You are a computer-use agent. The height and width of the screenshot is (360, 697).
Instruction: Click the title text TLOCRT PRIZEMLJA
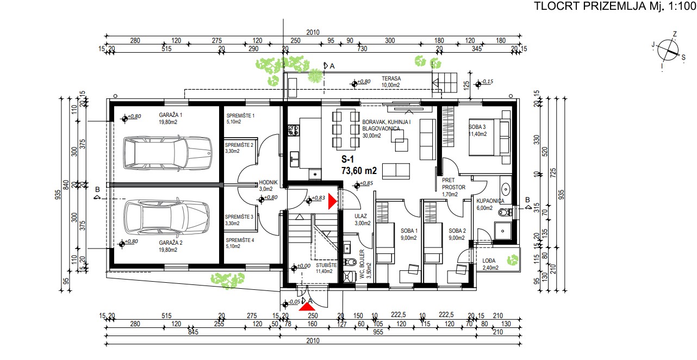[590, 6]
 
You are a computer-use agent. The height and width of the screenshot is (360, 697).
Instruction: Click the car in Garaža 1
[167, 153]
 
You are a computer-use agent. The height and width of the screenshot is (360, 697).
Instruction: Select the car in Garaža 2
[167, 218]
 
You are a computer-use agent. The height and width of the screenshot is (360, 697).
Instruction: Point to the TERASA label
[391, 78]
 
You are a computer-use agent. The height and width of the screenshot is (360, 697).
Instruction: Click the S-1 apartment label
[347, 159]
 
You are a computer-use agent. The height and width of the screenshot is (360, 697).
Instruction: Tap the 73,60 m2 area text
[359, 171]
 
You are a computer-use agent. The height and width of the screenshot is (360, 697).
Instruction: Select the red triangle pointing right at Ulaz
[333, 201]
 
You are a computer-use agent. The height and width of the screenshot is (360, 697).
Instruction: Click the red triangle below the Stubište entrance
[307, 307]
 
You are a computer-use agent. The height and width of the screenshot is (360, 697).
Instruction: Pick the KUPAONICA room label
[490, 201]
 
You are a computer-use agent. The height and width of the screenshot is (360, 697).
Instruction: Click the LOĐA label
[489, 260]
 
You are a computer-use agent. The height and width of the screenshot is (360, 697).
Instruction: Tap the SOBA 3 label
[477, 127]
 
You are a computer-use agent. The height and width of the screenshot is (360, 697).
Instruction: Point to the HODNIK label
[268, 182]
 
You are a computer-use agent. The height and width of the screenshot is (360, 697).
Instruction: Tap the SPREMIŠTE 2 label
[239, 145]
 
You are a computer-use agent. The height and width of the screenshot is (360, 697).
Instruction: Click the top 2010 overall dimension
[313, 33]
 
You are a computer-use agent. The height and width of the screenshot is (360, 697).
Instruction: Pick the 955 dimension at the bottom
[378, 332]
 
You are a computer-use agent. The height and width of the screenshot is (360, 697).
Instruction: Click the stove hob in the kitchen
[294, 131]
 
